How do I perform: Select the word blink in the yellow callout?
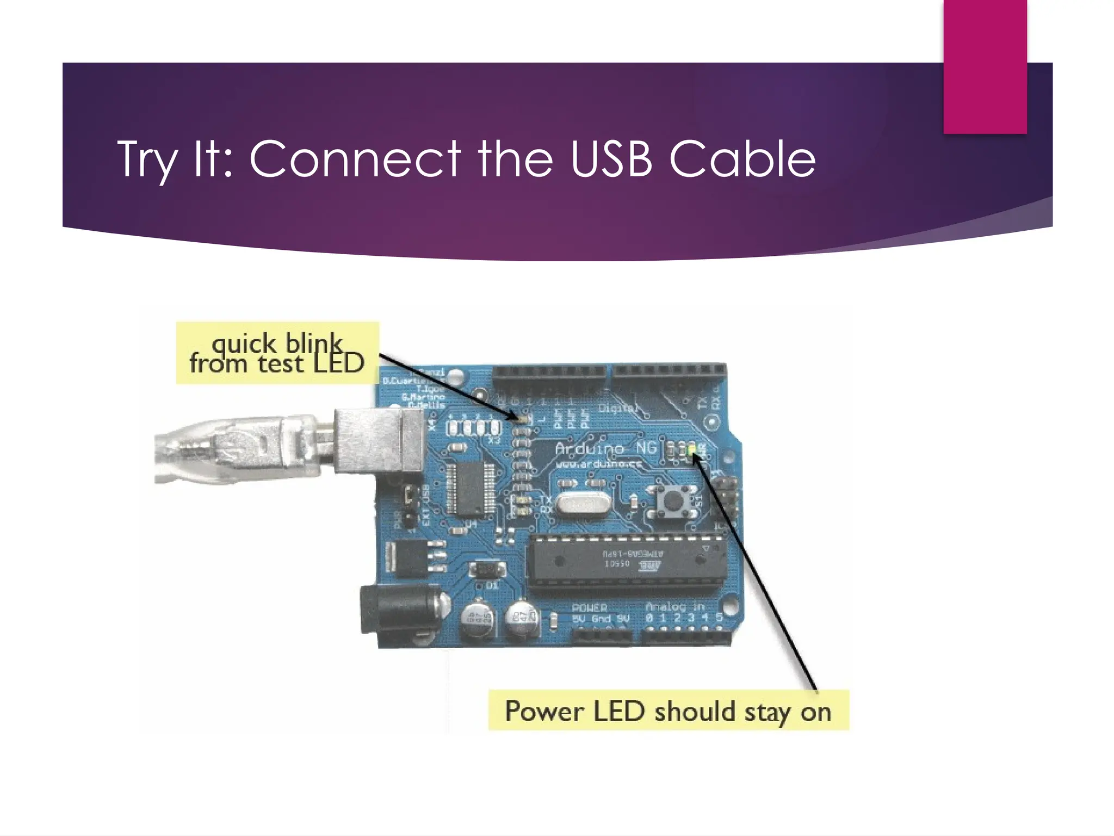click(314, 343)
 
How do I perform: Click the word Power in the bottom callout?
click(544, 711)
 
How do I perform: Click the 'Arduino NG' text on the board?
click(605, 448)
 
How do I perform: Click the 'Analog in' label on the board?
click(674, 606)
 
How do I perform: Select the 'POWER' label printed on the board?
click(589, 607)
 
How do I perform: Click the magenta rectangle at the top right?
click(985, 65)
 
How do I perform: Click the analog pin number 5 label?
click(719, 618)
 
